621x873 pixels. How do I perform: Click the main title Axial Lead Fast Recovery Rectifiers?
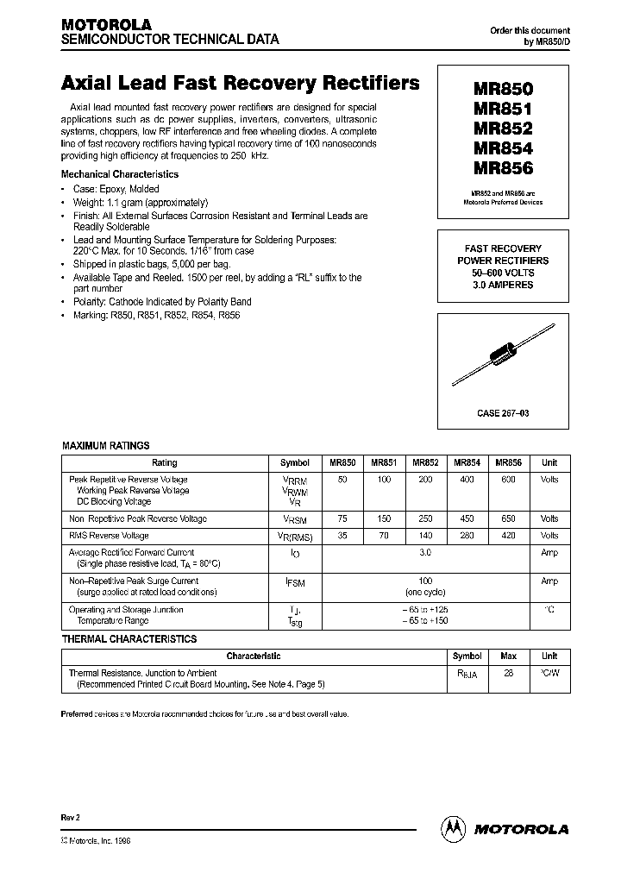coord(241,84)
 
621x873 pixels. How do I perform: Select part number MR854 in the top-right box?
coord(503,149)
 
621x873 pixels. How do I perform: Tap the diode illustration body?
coord(503,355)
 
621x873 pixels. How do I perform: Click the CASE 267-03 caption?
coord(503,413)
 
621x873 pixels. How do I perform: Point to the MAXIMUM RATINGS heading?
coord(106,446)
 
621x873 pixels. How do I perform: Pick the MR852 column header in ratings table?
coord(425,462)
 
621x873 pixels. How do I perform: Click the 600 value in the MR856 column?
coord(507,479)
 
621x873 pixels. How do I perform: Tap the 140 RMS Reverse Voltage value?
coord(425,536)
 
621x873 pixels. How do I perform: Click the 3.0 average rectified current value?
coord(425,552)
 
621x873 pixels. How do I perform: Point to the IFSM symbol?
coord(295,583)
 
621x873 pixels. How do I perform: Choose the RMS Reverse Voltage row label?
coord(108,536)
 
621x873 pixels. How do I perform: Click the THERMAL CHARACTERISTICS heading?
coord(129,639)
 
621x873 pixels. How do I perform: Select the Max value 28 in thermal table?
coord(508,673)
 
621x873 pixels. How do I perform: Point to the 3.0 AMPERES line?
coord(503,285)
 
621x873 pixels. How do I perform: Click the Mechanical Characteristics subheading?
coord(120,174)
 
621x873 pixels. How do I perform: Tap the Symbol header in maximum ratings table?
coord(295,462)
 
